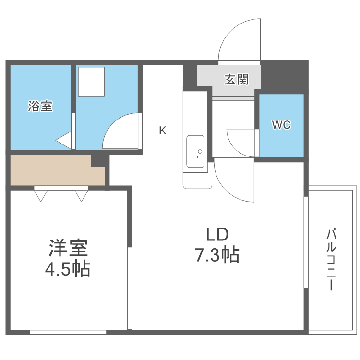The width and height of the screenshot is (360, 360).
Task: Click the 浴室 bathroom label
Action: click(x=40, y=106)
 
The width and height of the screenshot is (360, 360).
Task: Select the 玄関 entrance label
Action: click(x=236, y=79)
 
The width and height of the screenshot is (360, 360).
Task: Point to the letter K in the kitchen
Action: click(x=163, y=131)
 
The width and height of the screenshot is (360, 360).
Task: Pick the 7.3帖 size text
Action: click(x=217, y=255)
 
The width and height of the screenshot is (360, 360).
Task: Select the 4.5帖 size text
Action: click(x=68, y=270)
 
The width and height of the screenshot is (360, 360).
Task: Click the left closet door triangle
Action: click(x=41, y=195)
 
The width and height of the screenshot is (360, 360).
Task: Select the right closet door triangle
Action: click(x=81, y=195)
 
